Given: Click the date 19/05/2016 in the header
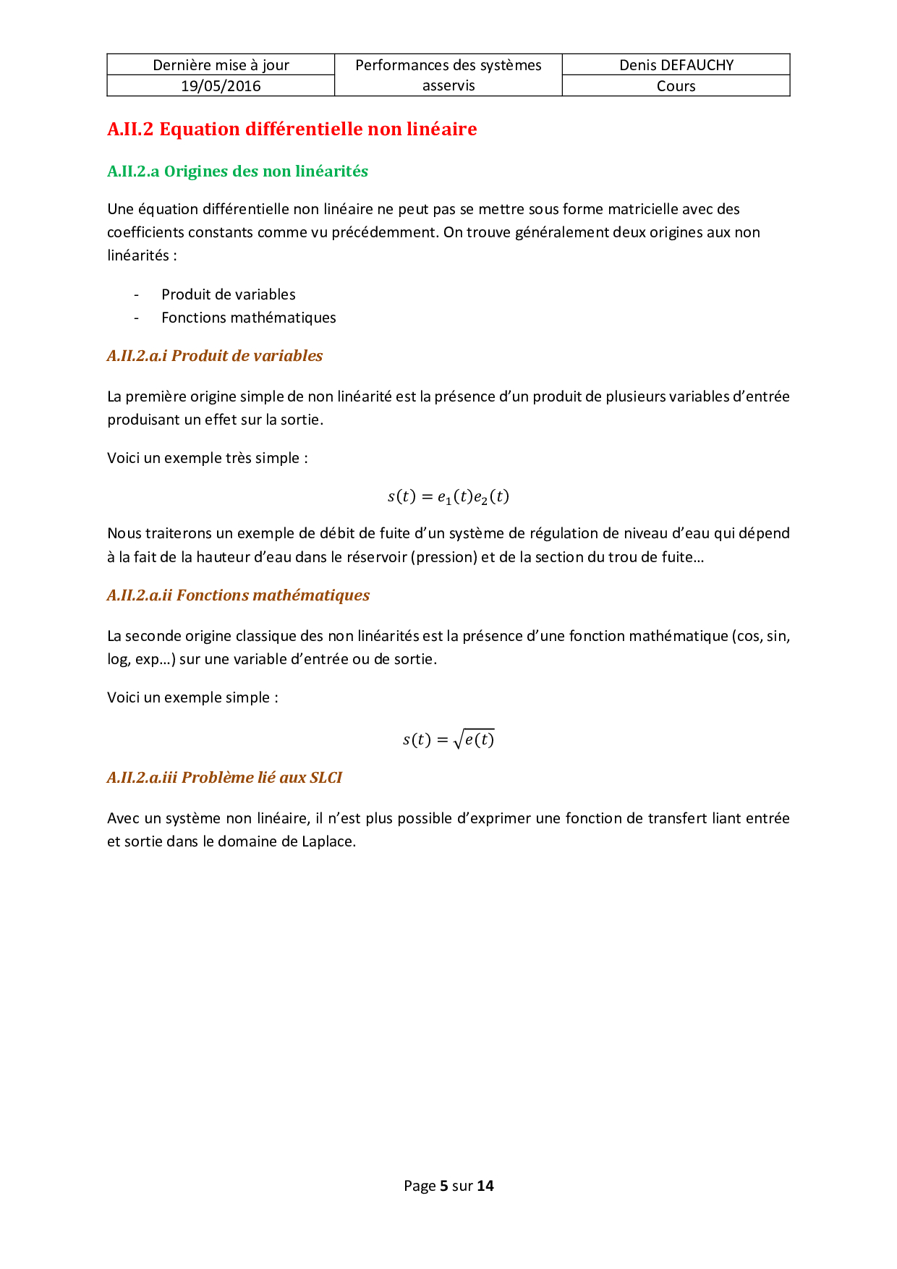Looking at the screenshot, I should click(x=221, y=86).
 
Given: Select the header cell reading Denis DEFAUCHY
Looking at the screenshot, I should click(x=676, y=65).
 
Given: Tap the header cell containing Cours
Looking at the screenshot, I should click(x=676, y=86).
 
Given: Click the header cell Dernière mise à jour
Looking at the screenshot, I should click(x=221, y=65).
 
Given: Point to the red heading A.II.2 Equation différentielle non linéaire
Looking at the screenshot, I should click(x=292, y=130).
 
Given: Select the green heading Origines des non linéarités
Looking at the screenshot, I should click(x=237, y=171).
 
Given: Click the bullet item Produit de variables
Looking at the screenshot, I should click(x=229, y=294).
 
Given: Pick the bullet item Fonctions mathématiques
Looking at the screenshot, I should click(x=249, y=318).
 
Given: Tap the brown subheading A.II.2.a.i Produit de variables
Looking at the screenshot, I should click(x=215, y=356).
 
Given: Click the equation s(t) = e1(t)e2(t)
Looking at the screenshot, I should click(x=448, y=497).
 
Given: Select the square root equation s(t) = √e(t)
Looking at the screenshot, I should click(x=448, y=739).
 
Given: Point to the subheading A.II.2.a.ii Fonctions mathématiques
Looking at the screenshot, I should click(x=238, y=595).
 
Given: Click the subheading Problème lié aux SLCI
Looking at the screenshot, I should click(x=224, y=778).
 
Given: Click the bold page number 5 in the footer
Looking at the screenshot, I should click(x=443, y=1186).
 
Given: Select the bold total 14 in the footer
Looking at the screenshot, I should click(x=485, y=1186).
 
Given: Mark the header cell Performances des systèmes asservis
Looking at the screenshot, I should click(x=448, y=75).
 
